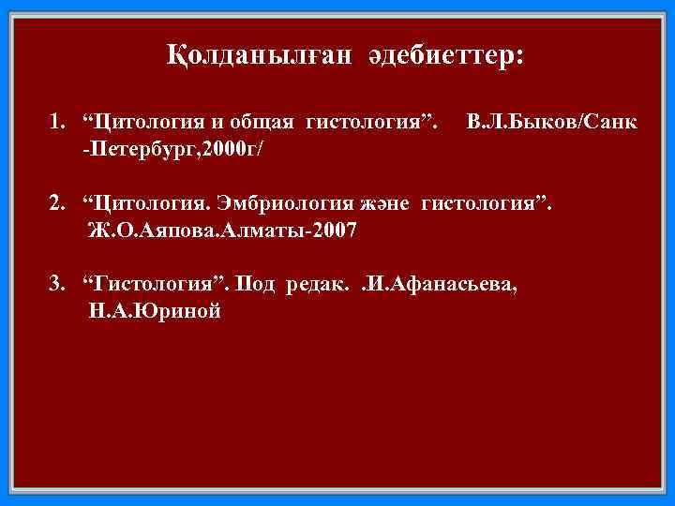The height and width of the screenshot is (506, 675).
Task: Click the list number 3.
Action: click(x=56, y=286)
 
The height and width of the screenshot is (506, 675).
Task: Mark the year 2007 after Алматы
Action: click(x=332, y=231)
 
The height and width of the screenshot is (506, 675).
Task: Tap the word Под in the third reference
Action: click(x=254, y=286)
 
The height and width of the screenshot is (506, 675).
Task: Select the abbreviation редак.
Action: click(x=319, y=286)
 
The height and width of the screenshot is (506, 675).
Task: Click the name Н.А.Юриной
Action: click(x=155, y=312)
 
